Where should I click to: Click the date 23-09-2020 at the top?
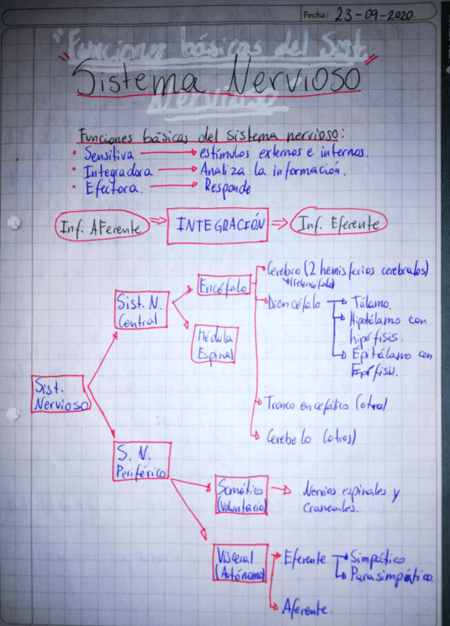pyautogui.click(x=374, y=14)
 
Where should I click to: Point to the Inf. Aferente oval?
pyautogui.click(x=102, y=228)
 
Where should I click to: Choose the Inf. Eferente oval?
pyautogui.click(x=339, y=224)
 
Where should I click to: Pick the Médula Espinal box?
pyautogui.click(x=215, y=345)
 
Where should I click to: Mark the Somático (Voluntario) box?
pyautogui.click(x=240, y=495)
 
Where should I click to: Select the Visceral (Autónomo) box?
pyautogui.click(x=240, y=565)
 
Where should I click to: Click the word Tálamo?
pyautogui.click(x=372, y=304)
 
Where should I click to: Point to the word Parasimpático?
pyautogui.click(x=391, y=574)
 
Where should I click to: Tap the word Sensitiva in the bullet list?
pyautogui.click(x=108, y=155)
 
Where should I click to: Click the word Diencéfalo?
pyautogui.click(x=294, y=303)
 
